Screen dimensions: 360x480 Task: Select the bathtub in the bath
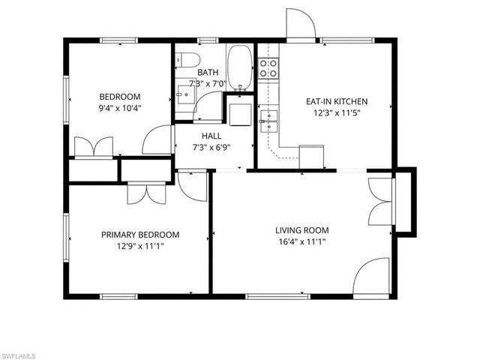point(240,67)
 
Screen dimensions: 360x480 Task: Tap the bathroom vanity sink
point(184,94)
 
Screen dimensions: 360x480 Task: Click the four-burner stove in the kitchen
point(268,69)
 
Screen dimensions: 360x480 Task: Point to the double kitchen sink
point(269,121)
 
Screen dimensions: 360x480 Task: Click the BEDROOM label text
point(120,96)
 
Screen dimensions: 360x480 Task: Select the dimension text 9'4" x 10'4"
point(120,108)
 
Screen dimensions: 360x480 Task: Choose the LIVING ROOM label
point(302,230)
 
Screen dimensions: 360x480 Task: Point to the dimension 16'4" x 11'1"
point(302,241)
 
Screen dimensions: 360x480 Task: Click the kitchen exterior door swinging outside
point(298,25)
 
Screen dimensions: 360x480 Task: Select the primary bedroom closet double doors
point(143,192)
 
